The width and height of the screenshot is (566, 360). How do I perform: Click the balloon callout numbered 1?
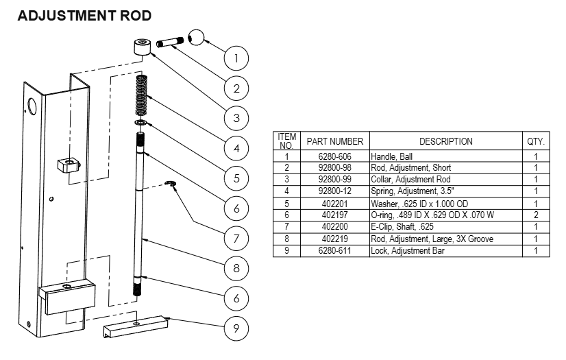coord(236,58)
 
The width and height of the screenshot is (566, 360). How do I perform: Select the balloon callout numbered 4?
coord(236,148)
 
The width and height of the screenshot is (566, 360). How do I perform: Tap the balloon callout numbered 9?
coord(236,328)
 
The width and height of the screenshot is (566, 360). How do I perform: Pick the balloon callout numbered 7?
coord(236,239)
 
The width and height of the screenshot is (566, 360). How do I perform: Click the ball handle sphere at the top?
coord(197,37)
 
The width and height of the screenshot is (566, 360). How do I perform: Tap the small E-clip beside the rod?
coord(172,184)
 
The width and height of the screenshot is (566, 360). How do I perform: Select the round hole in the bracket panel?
coord(32,106)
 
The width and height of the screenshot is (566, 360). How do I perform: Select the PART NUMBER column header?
coord(334,141)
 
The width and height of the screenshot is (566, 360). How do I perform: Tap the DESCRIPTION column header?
coord(445,141)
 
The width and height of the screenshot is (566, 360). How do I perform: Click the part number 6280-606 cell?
coord(334,157)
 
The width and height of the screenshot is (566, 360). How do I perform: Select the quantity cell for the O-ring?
coord(535,215)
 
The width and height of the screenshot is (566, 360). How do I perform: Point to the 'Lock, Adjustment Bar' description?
coord(409,251)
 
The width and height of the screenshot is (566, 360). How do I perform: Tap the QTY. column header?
coord(535,141)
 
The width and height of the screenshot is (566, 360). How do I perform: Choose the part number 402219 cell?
coord(334,239)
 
